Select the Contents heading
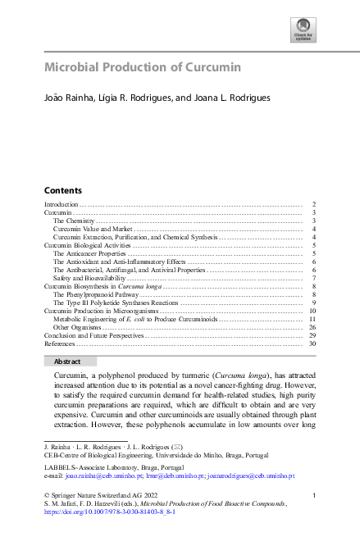[62, 189]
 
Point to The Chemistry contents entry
[74, 221]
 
